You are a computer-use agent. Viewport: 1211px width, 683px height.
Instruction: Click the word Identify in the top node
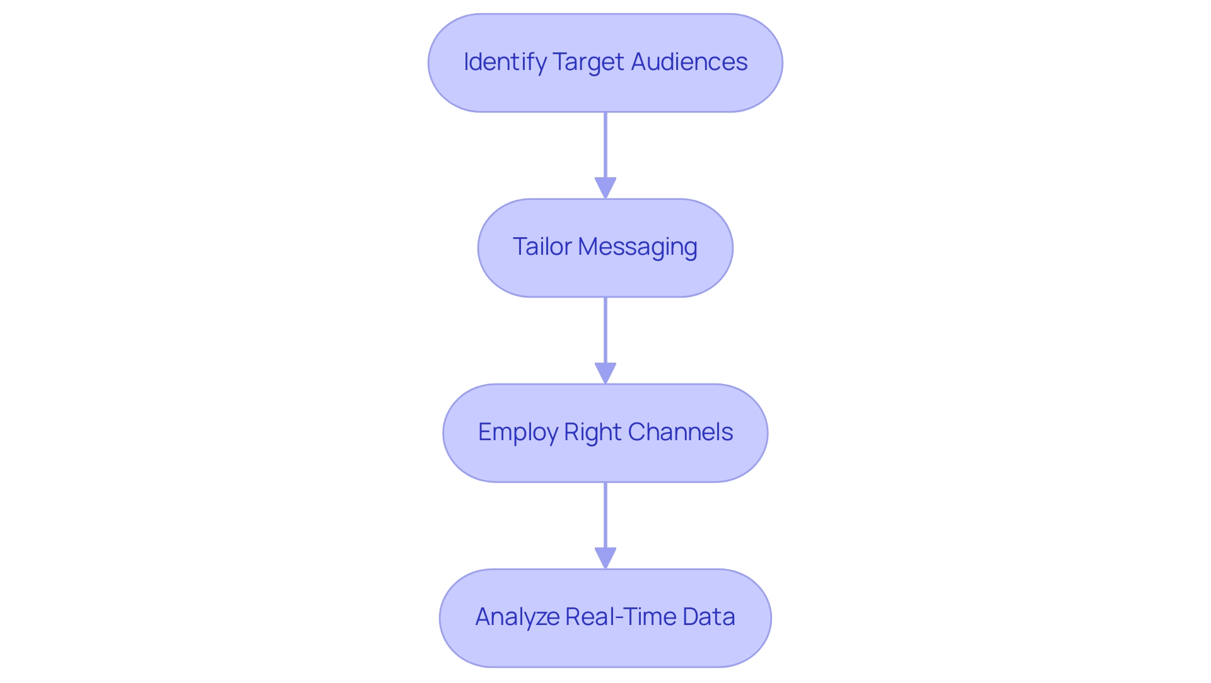pos(505,62)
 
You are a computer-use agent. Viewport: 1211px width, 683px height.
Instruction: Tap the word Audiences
pos(689,62)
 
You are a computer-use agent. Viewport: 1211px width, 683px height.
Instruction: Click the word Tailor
pos(542,247)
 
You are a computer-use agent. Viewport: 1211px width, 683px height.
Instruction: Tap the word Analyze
pos(517,617)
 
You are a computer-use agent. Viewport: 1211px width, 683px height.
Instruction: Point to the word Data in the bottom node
pos(708,617)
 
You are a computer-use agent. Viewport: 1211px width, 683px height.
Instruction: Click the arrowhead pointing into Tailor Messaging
pos(605,188)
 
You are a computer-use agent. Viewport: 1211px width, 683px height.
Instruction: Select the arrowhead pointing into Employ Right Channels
pos(605,373)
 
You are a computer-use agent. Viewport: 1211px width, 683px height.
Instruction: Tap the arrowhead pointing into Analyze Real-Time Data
pos(605,558)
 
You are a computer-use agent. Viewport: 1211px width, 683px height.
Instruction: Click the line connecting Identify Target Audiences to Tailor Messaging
pos(605,145)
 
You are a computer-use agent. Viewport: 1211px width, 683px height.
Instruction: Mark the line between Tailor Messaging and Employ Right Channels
pos(605,330)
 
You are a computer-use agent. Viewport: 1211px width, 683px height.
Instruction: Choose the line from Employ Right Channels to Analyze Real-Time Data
pos(605,515)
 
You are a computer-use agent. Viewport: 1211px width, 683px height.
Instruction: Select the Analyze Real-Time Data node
pos(605,650)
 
